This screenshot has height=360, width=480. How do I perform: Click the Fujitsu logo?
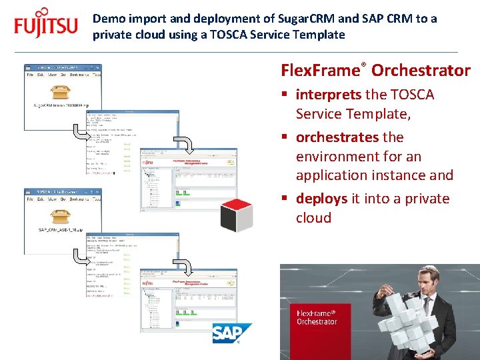click(x=45, y=25)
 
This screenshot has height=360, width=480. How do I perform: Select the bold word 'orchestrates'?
click(x=337, y=137)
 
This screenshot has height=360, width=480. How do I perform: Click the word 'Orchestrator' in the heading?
click(x=421, y=71)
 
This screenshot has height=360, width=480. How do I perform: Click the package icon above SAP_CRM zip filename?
click(x=62, y=215)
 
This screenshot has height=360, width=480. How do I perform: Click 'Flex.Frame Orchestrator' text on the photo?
click(x=317, y=317)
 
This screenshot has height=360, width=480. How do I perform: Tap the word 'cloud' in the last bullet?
click(x=313, y=218)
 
